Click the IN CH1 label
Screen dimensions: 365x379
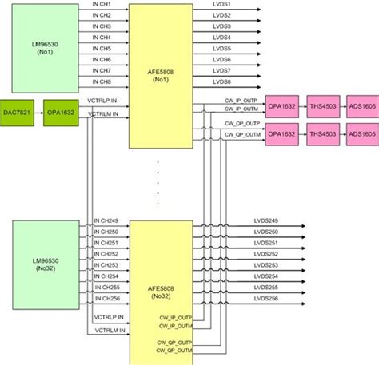(102, 5)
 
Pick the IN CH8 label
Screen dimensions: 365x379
(102, 81)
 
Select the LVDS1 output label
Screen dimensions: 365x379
(222, 5)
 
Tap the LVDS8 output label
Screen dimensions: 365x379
(222, 81)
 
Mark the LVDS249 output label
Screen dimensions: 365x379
(267, 221)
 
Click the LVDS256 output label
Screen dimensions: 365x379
(267, 298)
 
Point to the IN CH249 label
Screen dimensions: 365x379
(106, 221)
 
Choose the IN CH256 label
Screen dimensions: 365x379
(106, 298)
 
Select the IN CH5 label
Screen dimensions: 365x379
(102, 49)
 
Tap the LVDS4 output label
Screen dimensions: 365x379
(222, 38)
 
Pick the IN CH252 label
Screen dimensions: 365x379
(106, 254)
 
